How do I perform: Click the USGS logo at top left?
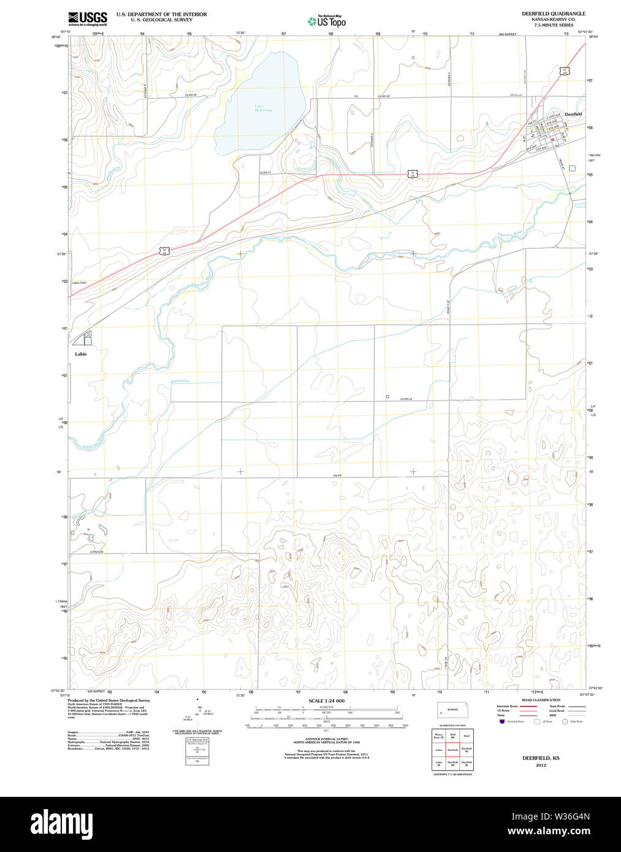click(88, 18)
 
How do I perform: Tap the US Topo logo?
click(327, 21)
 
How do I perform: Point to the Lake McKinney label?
click(263, 108)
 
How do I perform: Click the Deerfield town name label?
click(573, 115)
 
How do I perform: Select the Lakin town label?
click(81, 354)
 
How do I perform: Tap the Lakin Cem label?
click(79, 283)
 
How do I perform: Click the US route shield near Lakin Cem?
click(164, 251)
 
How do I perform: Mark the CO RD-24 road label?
click(406, 399)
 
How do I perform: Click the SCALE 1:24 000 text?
click(326, 701)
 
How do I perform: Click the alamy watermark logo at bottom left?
click(61, 822)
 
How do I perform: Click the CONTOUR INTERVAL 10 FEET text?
click(326, 738)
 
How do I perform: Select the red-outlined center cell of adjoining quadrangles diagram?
click(452, 749)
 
